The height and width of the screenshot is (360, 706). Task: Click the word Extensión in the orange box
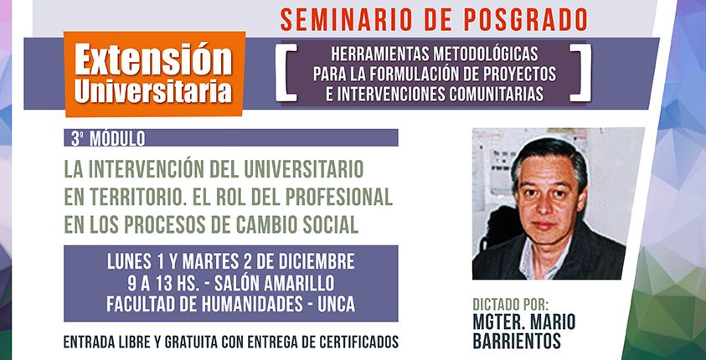[153, 59]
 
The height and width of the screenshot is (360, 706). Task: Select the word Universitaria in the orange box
[153, 91]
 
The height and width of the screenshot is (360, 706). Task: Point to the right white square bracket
[580, 73]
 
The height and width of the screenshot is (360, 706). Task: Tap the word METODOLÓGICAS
[486, 54]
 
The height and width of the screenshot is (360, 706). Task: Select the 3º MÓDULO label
[108, 139]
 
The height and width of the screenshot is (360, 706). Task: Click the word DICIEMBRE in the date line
[315, 261]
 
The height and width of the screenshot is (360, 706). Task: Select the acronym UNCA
[336, 305]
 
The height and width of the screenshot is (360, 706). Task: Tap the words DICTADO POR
[510, 304]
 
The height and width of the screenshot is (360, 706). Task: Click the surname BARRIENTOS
[517, 341]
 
